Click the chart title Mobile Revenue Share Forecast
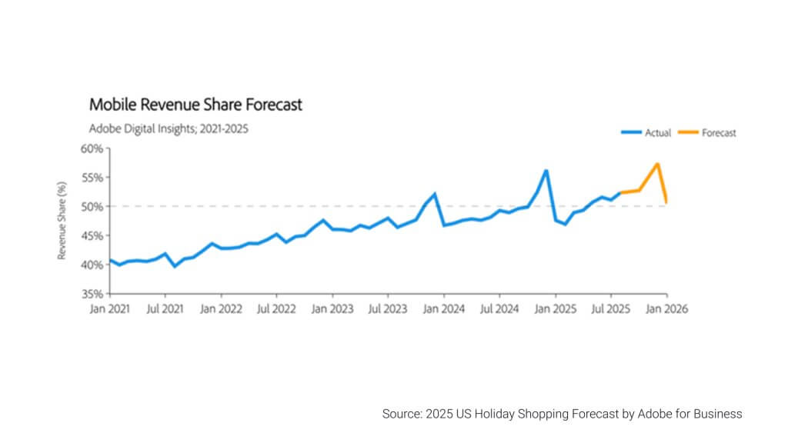[195, 105]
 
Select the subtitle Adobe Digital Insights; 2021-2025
[169, 128]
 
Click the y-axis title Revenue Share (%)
[62, 221]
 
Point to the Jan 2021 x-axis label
[109, 309]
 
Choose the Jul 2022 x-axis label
[275, 309]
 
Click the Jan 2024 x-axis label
[442, 309]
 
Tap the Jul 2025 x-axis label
[610, 309]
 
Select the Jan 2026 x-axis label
[666, 309]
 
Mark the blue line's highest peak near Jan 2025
[546, 171]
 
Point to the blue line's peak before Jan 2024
[435, 194]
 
